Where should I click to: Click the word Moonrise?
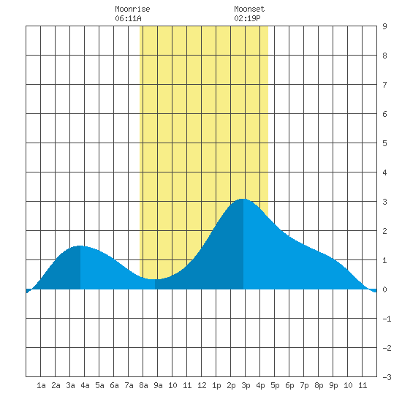pyautogui.click(x=132, y=9)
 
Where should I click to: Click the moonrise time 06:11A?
pyautogui.click(x=128, y=18)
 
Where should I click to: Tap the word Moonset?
pyautogui.click(x=249, y=9)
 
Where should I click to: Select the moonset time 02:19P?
pyautogui.click(x=247, y=18)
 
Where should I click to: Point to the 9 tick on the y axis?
pyautogui.click(x=384, y=26)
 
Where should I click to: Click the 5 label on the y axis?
pyautogui.click(x=384, y=143)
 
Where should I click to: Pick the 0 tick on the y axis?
pyautogui.click(x=384, y=289)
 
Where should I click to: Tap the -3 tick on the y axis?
pyautogui.click(x=387, y=377)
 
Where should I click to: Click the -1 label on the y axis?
pyautogui.click(x=387, y=319)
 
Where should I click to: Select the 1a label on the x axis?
pyautogui.click(x=41, y=385)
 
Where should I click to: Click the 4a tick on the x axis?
pyautogui.click(x=85, y=385)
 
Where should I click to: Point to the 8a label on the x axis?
pyautogui.click(x=143, y=385)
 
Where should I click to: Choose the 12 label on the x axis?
pyautogui.click(x=202, y=385)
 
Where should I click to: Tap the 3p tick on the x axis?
pyautogui.click(x=246, y=385)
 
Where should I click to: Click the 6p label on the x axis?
pyautogui.click(x=289, y=385)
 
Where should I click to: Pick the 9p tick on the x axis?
pyautogui.click(x=333, y=385)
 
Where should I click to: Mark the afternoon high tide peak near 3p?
pyautogui.click(x=243, y=199)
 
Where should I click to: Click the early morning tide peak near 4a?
pyautogui.click(x=80, y=246)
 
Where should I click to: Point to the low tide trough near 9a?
pyautogui.click(x=155, y=279)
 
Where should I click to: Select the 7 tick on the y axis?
pyautogui.click(x=384, y=85)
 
